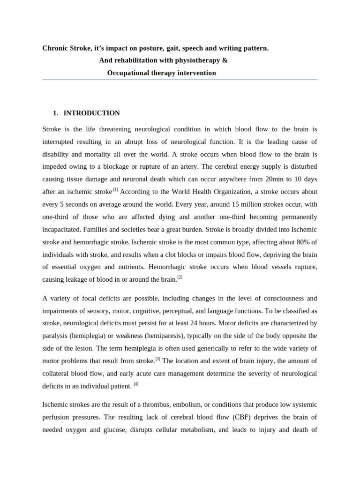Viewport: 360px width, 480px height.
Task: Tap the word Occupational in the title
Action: coord(129,73)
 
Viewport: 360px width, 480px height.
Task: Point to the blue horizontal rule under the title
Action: coord(180,80)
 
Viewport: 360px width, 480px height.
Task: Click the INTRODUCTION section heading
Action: coord(91,113)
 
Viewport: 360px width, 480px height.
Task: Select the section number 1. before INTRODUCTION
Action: coord(56,113)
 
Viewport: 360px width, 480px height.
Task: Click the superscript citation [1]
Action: coord(115,190)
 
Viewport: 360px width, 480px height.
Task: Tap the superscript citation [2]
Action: coord(180,277)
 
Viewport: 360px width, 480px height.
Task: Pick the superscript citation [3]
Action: coord(157,359)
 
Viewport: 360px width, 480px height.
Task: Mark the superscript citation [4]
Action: coord(136,384)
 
